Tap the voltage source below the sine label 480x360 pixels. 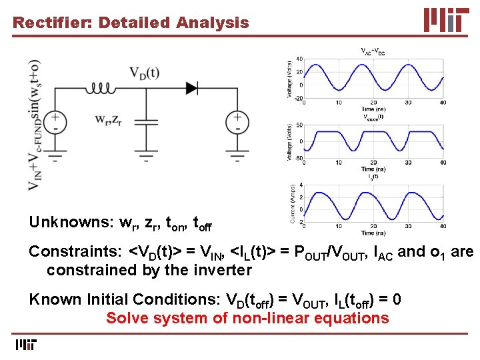pyautogui.click(x=55, y=121)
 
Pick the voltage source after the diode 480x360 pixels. pyautogui.click(x=237, y=121)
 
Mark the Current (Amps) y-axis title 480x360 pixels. pyautogui.click(x=291, y=203)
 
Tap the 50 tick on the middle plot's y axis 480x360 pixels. pyautogui.click(x=299, y=125)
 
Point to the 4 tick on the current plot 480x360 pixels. pyautogui.click(x=301, y=185)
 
